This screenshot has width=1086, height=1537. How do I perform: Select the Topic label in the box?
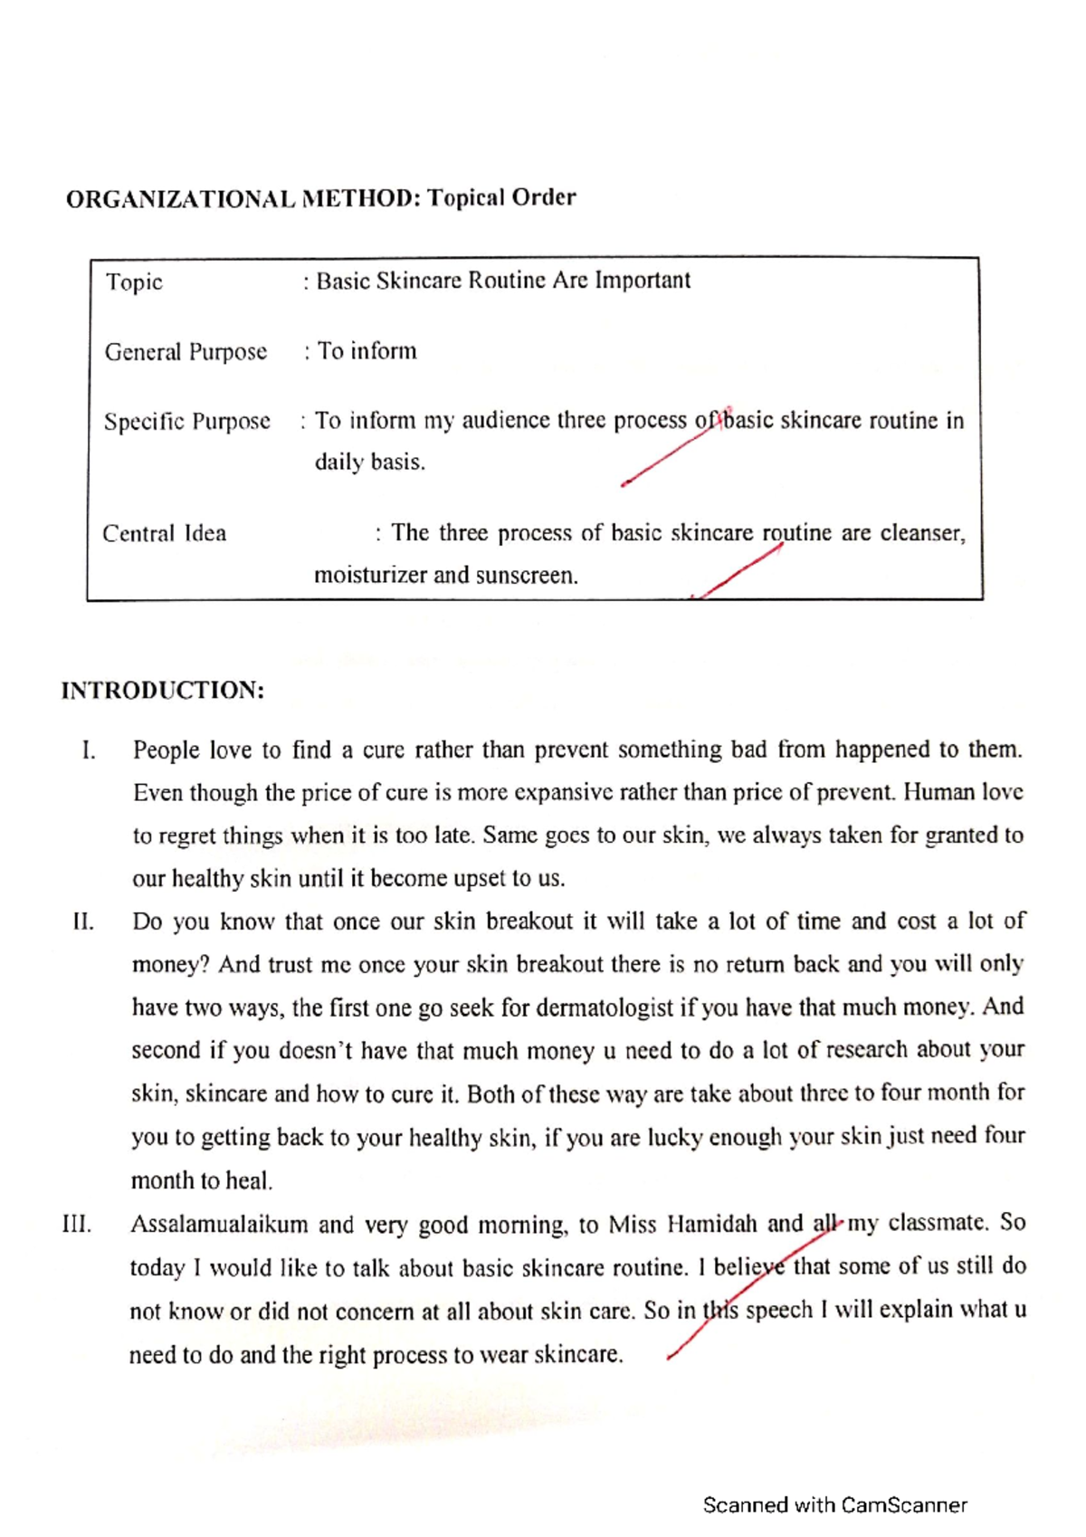pos(134,282)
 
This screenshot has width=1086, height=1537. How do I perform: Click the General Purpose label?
pos(186,351)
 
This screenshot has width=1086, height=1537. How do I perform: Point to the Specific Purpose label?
pos(186,421)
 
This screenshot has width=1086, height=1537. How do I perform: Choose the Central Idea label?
pos(164,533)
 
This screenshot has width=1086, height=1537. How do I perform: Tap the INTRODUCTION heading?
pos(163,691)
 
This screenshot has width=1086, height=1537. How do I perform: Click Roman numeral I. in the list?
pos(88,750)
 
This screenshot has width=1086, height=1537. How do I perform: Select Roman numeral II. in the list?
pos(83,922)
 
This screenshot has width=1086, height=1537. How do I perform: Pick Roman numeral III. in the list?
pos(78,1226)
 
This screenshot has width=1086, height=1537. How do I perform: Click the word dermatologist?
pos(605,1007)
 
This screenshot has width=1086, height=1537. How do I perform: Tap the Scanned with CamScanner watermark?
pos(834,1505)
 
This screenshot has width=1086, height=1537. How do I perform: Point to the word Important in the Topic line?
pos(642,281)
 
